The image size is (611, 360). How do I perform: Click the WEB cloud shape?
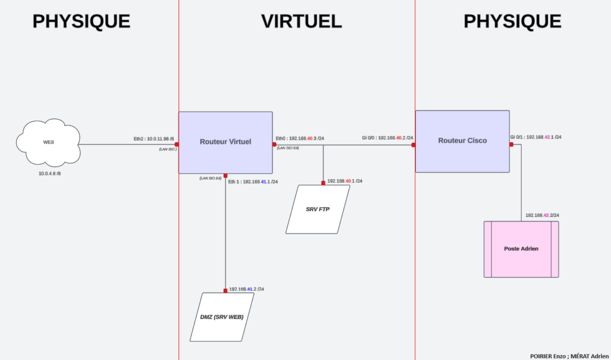tap(48, 143)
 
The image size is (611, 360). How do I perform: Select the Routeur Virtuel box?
tap(226, 141)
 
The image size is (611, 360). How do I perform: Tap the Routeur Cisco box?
tap(462, 141)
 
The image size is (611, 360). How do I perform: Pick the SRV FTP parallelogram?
tap(317, 209)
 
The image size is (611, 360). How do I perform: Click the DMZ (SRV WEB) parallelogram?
tap(221, 316)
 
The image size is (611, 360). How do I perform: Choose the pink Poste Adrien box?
tap(521, 248)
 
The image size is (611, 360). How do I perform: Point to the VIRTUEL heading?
tap(301, 21)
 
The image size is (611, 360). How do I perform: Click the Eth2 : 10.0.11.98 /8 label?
tap(153, 139)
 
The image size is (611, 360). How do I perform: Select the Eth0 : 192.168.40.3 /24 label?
tap(300, 139)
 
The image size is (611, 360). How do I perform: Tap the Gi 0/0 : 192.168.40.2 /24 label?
tap(387, 138)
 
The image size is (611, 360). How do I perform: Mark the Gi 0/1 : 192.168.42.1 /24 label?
tap(535, 137)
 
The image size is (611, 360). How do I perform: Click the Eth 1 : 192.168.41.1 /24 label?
tap(252, 181)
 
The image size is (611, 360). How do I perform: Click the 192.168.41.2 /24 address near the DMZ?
tap(246, 289)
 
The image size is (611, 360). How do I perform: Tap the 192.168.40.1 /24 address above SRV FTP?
tap(344, 181)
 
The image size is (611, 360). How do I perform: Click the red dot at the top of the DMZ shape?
tap(226, 291)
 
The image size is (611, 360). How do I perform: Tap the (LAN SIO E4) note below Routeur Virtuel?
tap(210, 178)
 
